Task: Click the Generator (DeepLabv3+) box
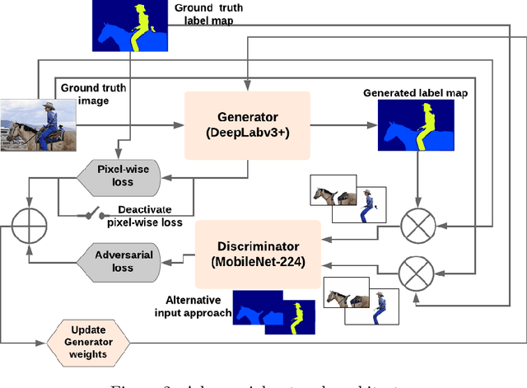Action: tap(247, 124)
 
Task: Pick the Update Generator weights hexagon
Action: tap(89, 340)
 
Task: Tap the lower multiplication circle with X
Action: tap(418, 268)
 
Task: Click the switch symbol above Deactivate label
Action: tap(93, 215)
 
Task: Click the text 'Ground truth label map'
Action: tap(209, 14)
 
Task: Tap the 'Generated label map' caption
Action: tap(415, 93)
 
